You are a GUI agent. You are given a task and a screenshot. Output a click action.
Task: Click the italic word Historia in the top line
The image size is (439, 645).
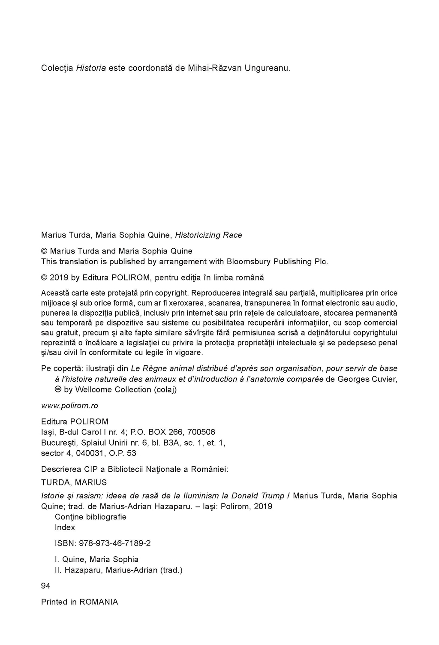(91, 68)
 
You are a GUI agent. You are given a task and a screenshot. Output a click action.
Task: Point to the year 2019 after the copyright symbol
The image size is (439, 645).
(59, 277)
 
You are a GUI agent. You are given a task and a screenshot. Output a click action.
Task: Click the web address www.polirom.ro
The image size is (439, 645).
(69, 406)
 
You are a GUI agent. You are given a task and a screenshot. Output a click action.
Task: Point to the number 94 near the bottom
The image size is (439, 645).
(45, 586)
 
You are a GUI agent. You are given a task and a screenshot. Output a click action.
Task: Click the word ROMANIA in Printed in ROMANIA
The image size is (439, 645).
(99, 602)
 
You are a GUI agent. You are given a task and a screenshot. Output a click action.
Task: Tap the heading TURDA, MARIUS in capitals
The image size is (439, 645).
(74, 482)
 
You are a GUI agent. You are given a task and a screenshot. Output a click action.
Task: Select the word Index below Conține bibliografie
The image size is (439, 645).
(65, 527)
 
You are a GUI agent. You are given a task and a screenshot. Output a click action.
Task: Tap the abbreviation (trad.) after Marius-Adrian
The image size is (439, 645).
(171, 570)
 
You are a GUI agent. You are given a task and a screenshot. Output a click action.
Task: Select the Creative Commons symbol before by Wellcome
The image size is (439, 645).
(57, 389)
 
